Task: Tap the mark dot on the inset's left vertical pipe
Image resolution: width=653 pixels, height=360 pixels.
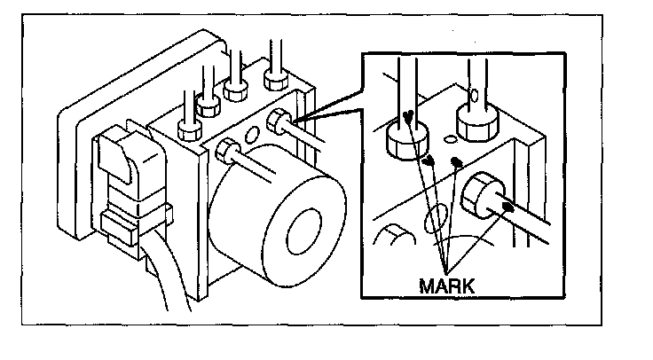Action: click(x=405, y=115)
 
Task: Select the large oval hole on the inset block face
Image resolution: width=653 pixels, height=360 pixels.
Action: click(x=437, y=218)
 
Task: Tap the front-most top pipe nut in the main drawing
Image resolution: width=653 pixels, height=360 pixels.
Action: click(x=189, y=129)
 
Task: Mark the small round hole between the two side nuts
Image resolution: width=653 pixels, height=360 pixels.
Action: click(x=252, y=136)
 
